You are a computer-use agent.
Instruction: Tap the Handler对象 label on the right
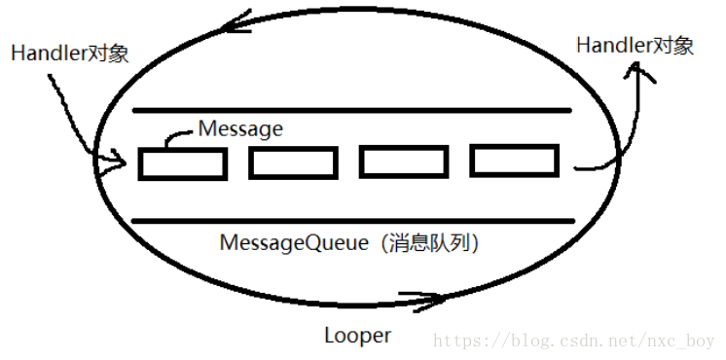click(x=635, y=45)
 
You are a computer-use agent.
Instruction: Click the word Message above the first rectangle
click(x=240, y=128)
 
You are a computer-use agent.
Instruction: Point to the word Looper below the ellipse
click(x=357, y=336)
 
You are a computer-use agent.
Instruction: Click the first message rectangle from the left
click(x=182, y=163)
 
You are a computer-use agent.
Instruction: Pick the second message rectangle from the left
click(x=293, y=163)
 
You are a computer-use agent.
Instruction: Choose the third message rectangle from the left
click(x=403, y=162)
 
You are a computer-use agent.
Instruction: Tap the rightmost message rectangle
click(x=514, y=161)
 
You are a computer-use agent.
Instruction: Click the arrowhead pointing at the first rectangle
click(x=120, y=160)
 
